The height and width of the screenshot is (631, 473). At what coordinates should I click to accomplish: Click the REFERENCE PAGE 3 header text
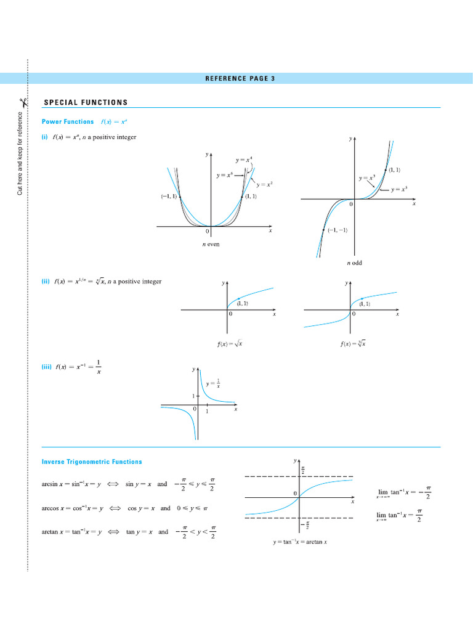240,78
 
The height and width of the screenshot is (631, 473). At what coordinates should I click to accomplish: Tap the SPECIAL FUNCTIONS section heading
86,102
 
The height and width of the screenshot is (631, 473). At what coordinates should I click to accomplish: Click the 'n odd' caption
354,263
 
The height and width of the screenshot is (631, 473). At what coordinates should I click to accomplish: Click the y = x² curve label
265,184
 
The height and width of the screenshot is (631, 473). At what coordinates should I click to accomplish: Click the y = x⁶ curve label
225,176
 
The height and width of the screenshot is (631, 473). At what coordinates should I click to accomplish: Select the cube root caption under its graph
353,344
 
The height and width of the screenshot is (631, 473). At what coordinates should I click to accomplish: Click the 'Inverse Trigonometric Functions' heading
92,462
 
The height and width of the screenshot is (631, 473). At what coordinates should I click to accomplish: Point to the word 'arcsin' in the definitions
50,484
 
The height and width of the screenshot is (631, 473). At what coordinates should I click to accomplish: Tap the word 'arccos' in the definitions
51,508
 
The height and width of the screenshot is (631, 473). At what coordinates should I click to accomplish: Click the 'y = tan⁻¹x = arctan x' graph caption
300,542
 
